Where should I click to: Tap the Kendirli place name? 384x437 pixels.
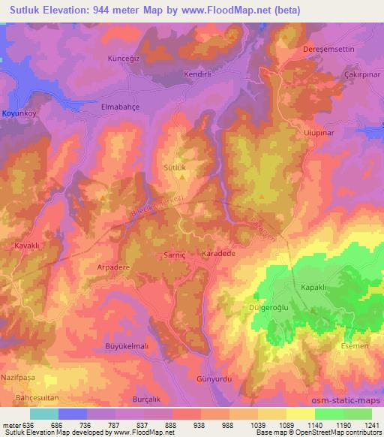(x=199, y=75)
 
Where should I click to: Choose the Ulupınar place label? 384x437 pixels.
(x=317, y=128)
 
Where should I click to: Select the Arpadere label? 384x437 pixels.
(x=112, y=266)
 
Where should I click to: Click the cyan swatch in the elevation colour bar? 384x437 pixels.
(x=43, y=414)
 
